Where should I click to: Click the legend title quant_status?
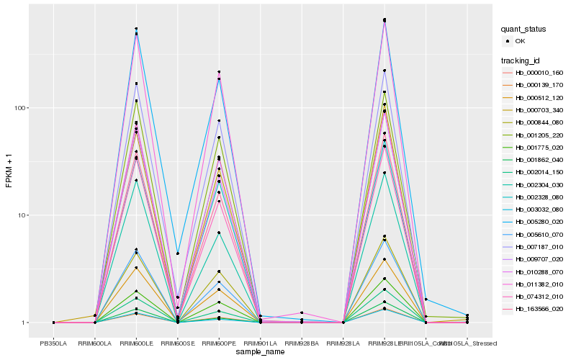pos(524,29)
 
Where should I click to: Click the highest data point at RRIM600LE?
pos(136,29)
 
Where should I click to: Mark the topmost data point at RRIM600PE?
pos(219,72)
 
